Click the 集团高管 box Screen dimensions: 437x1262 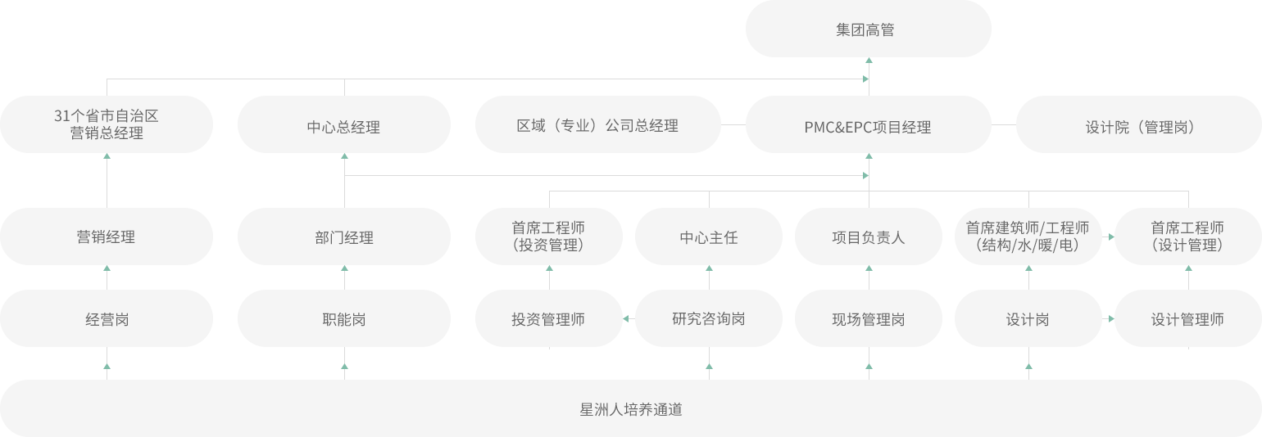tap(868, 29)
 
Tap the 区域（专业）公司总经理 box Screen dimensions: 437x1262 tap(597, 125)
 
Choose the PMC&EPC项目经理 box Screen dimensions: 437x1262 tap(868, 126)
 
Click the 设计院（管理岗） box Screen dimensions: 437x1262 tap(1138, 126)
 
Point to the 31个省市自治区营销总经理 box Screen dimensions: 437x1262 tap(107, 124)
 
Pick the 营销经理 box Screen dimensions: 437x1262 tap(107, 237)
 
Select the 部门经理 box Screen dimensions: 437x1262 tap(343, 237)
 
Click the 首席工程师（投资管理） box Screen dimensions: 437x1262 tap(548, 237)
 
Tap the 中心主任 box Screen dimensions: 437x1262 tap(708, 237)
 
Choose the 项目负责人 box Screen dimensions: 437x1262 tap(868, 237)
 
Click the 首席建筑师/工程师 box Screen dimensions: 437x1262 tap(1028, 237)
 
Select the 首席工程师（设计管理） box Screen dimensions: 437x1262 tap(1187, 237)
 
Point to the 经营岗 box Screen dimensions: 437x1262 tap(107, 318)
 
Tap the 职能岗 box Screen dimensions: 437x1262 tap(343, 318)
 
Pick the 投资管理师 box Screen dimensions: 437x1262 tap(548, 318)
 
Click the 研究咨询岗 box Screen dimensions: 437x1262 tap(708, 318)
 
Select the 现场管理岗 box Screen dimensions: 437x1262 tap(868, 318)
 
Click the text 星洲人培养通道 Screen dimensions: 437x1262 tap(630, 409)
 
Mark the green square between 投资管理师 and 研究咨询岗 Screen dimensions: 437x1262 tap(627, 318)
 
